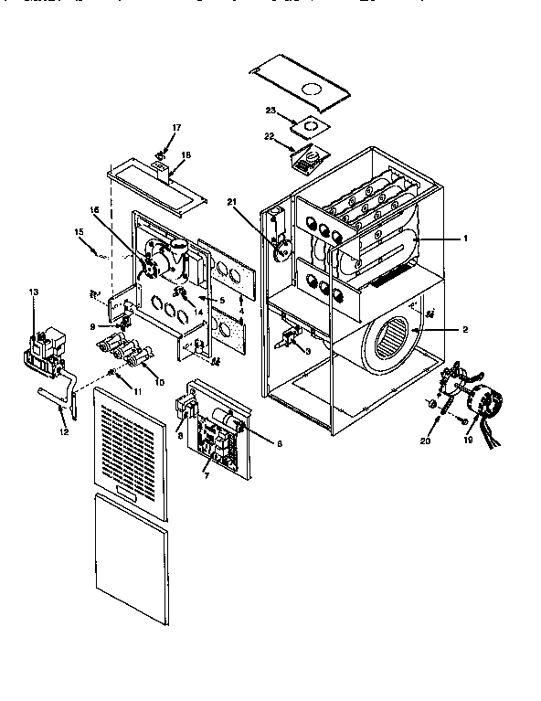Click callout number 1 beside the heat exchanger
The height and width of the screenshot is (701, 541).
coord(465,239)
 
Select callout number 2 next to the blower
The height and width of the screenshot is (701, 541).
coord(465,328)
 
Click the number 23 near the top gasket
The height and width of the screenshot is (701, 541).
coord(270,111)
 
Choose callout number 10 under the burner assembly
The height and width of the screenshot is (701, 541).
coord(160,381)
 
